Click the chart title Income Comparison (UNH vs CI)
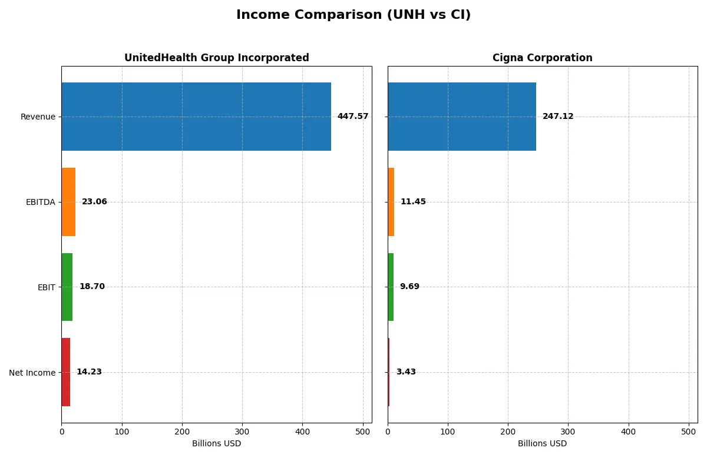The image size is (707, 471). coord(353,15)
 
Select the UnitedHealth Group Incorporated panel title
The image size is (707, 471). coord(216,58)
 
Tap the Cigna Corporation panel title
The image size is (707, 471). coord(542,58)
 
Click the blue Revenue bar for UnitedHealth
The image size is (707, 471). coord(196,117)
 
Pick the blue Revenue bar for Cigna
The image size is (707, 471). coord(462,117)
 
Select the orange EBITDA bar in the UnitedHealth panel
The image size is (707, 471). coord(68,202)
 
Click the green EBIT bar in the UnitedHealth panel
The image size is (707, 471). coord(67,287)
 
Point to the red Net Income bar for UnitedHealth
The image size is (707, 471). coord(66,372)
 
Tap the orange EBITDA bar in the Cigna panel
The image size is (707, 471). coord(391,202)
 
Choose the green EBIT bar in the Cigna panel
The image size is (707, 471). coord(391,287)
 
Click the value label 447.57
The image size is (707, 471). coord(352,117)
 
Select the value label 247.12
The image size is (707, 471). coord(557,117)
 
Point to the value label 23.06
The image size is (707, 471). coord(94,202)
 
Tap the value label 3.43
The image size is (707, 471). coord(406,372)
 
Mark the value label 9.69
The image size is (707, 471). coord(409,287)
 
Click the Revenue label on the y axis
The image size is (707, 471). coord(38,117)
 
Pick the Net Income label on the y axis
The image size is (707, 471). coord(32,373)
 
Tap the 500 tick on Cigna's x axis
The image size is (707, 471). coord(689,432)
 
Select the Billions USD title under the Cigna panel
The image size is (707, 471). coord(542,444)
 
